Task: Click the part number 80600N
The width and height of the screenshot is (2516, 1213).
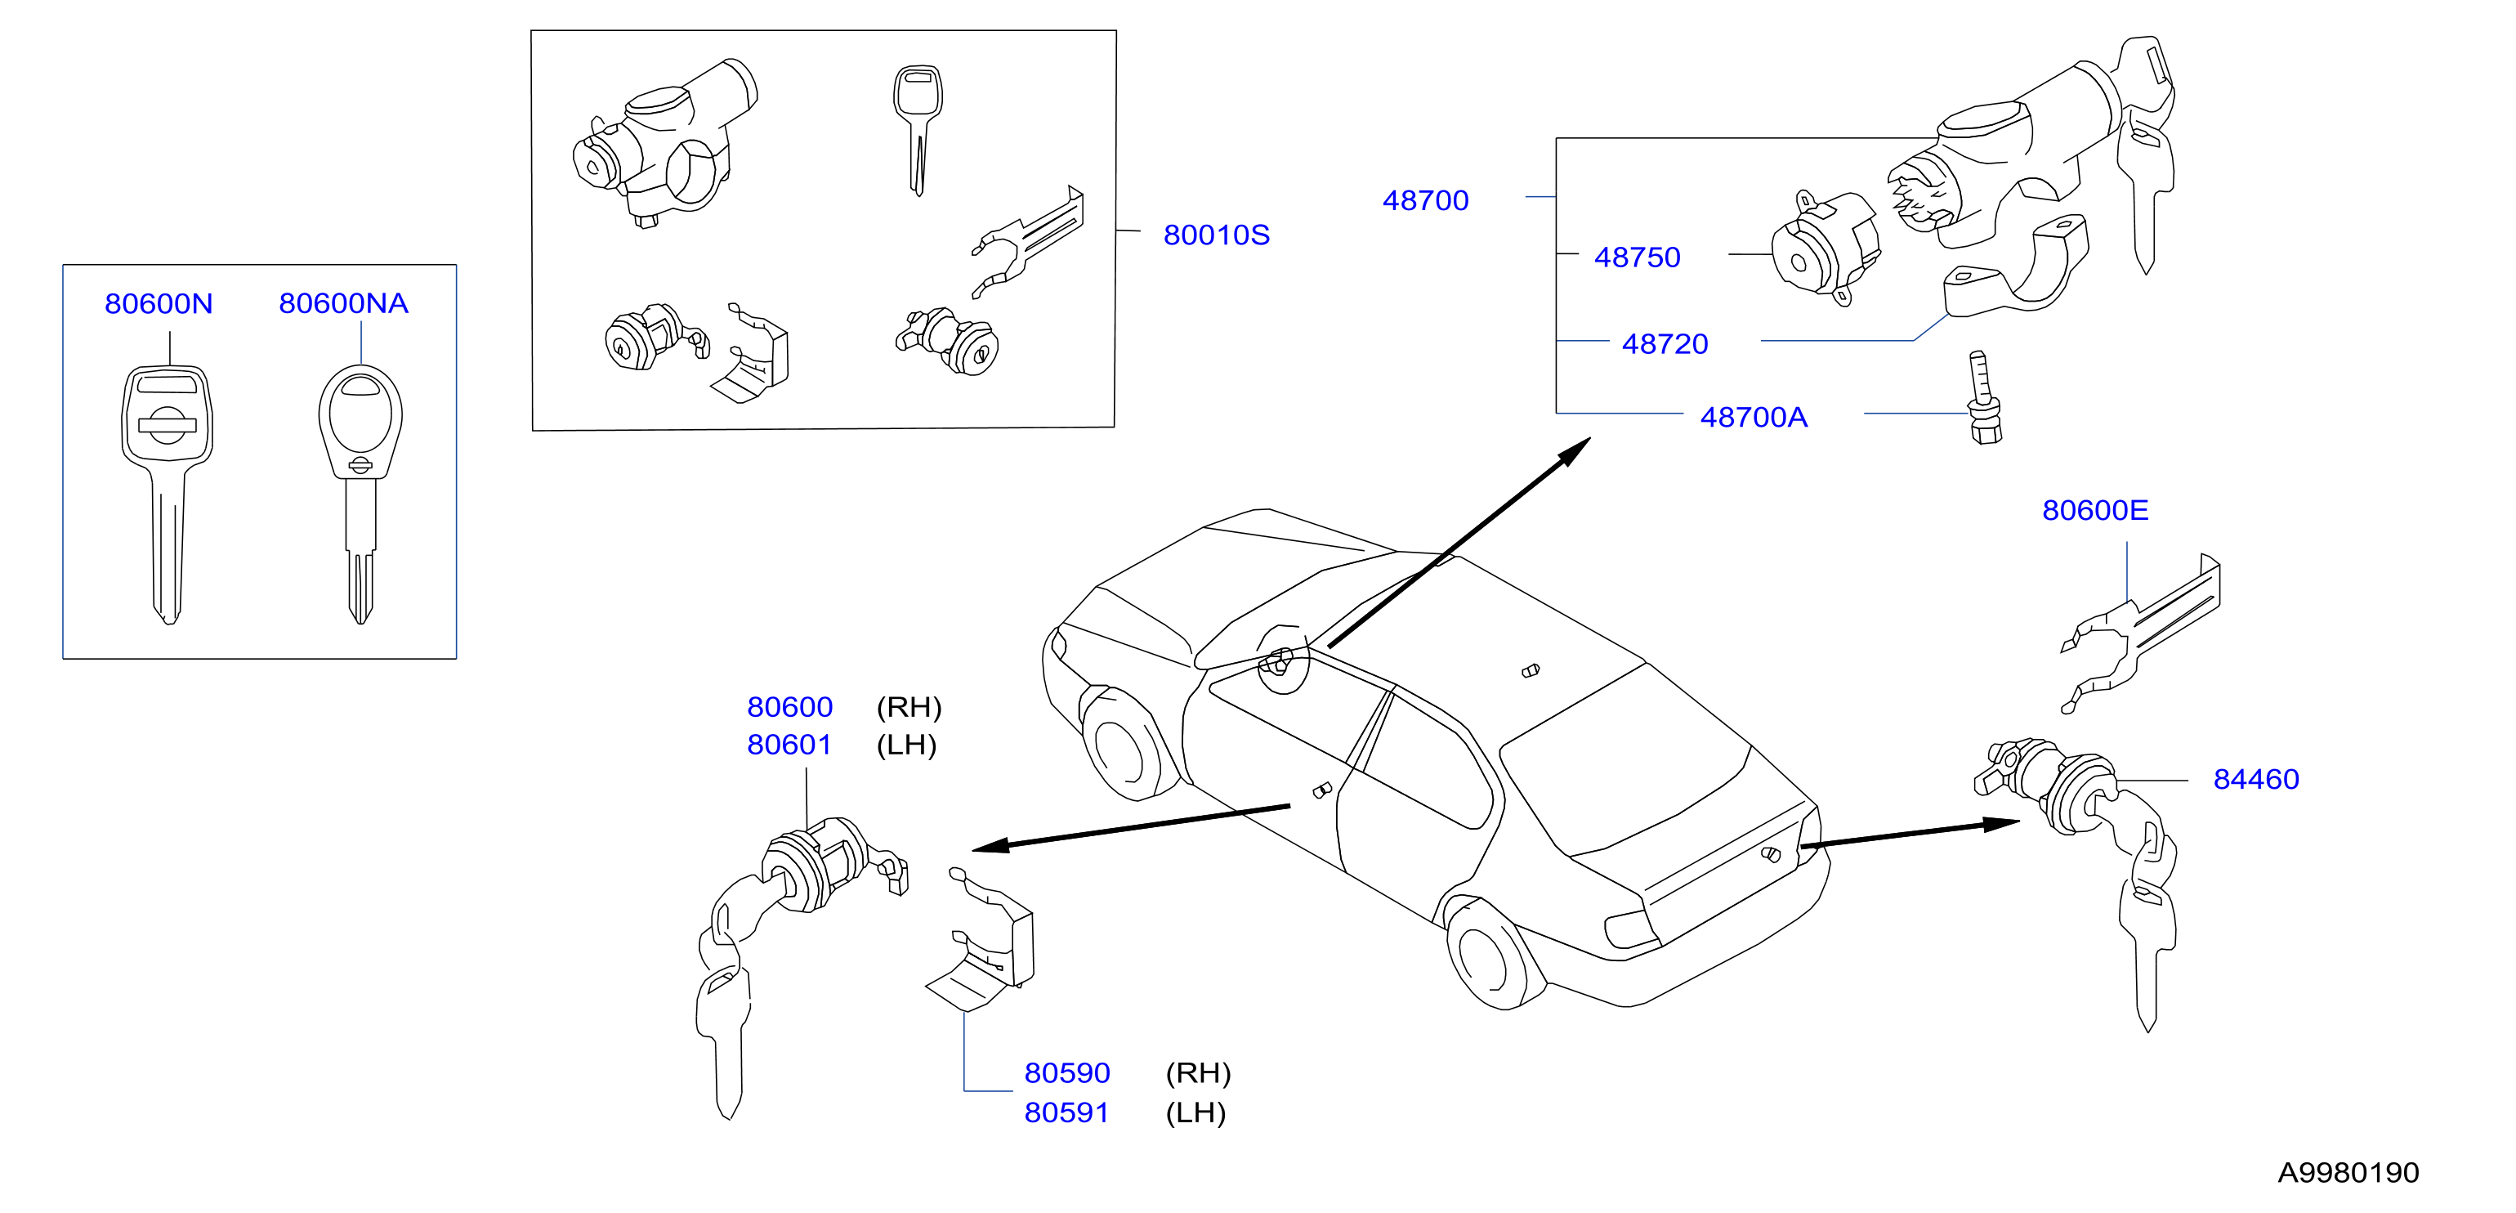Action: coord(159,304)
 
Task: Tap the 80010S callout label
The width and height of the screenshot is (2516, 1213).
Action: coord(1216,235)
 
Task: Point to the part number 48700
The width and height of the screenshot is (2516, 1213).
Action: coord(1425,200)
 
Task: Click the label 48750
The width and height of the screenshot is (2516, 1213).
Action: coord(1637,257)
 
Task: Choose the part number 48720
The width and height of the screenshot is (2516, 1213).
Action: coord(1665,344)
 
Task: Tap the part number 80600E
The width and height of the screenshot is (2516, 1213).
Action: coord(2095,510)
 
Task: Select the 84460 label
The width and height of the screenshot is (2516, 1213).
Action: coord(2256,778)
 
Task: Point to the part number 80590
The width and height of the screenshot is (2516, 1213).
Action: coord(1066,1072)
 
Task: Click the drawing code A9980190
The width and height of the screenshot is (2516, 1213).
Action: coord(2348,1172)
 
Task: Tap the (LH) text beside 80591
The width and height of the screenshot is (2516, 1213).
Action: coord(1195,1112)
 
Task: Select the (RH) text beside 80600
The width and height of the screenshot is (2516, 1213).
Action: coord(909,706)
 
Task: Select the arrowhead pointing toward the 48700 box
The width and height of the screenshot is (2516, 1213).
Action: coord(1572,451)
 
